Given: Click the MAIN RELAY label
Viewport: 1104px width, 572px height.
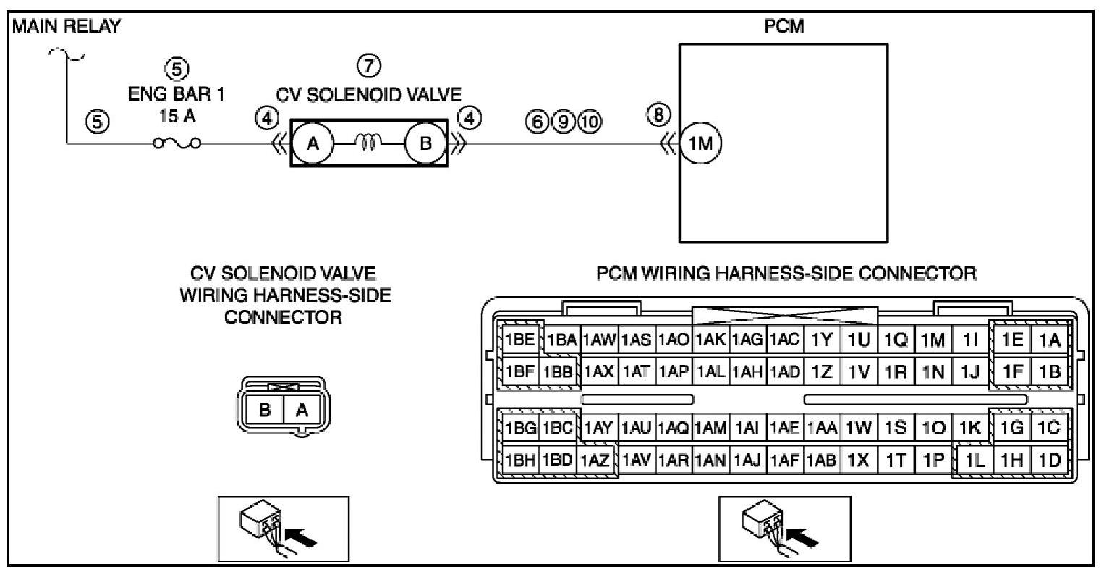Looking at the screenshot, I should tap(66, 27).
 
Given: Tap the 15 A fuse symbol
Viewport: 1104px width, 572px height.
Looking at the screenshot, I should tap(177, 143).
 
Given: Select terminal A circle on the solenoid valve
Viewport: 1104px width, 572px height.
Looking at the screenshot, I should tap(313, 143).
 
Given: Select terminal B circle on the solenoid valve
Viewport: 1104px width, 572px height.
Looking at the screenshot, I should tap(425, 143).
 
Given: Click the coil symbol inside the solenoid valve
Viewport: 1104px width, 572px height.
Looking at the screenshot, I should tap(368, 143).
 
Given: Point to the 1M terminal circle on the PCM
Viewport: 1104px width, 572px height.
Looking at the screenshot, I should tap(700, 143).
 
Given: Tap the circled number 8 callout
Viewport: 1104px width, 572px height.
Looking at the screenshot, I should tap(658, 114).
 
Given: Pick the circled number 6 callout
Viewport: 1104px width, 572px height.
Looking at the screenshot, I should tap(537, 121).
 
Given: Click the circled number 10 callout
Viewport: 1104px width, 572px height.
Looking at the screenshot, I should tap(590, 121).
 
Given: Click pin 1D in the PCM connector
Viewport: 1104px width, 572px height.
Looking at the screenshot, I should tap(1048, 460).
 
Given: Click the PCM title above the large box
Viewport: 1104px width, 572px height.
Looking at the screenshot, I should tap(784, 27).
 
